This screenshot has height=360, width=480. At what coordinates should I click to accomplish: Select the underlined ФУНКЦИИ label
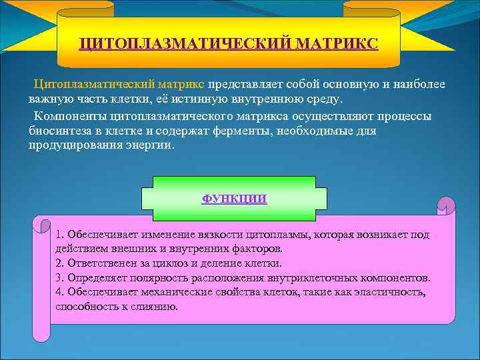coord(234,198)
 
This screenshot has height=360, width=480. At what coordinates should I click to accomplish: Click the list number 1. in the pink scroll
coord(60,235)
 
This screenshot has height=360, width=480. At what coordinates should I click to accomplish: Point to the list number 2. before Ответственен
coord(60,263)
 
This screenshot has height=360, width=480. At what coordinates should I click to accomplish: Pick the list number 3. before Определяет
coord(60,278)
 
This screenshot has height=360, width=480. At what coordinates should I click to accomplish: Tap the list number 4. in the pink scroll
coord(60,293)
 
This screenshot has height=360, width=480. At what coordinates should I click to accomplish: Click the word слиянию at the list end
coord(157,307)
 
